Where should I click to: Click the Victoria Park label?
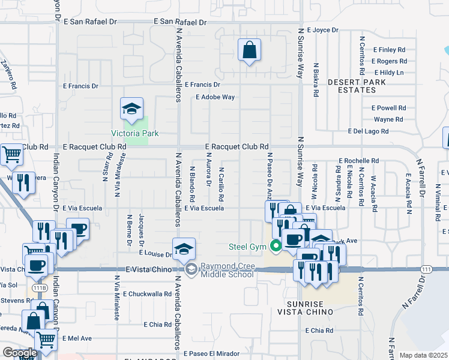[135, 133]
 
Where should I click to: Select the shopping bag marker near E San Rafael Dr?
[249, 50]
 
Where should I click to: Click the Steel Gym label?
[248, 246]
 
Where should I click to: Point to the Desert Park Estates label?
[352, 86]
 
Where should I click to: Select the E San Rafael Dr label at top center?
[179, 22]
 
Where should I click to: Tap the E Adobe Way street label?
[215, 97]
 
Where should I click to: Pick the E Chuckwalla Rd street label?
[147, 294]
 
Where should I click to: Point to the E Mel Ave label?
[76, 338]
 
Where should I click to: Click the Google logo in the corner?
[19, 353]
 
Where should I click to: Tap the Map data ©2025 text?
[424, 355]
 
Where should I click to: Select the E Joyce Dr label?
[323, 29]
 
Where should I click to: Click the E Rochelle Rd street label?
[358, 161]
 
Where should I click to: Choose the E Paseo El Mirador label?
[208, 353]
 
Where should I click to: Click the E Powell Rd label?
[388, 108]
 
